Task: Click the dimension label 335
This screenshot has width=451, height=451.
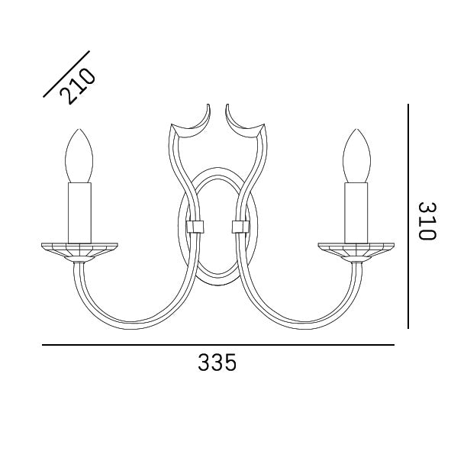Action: [x=217, y=363]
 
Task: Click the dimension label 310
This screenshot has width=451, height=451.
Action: [x=427, y=221]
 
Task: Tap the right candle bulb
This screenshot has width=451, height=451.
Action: [x=356, y=156]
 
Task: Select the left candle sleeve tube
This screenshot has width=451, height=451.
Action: [x=79, y=212]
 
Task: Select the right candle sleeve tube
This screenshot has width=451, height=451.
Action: [x=356, y=212]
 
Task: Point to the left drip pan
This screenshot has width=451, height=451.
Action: [x=79, y=248]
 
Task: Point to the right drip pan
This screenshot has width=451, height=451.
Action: [x=356, y=248]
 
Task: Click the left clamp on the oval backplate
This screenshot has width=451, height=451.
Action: [x=196, y=227]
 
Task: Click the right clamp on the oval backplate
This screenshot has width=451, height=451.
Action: [x=240, y=227]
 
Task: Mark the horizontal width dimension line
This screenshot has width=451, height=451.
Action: [x=217, y=346]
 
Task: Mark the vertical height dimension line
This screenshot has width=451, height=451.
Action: [x=408, y=217]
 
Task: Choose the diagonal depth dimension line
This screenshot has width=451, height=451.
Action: [x=66, y=75]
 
